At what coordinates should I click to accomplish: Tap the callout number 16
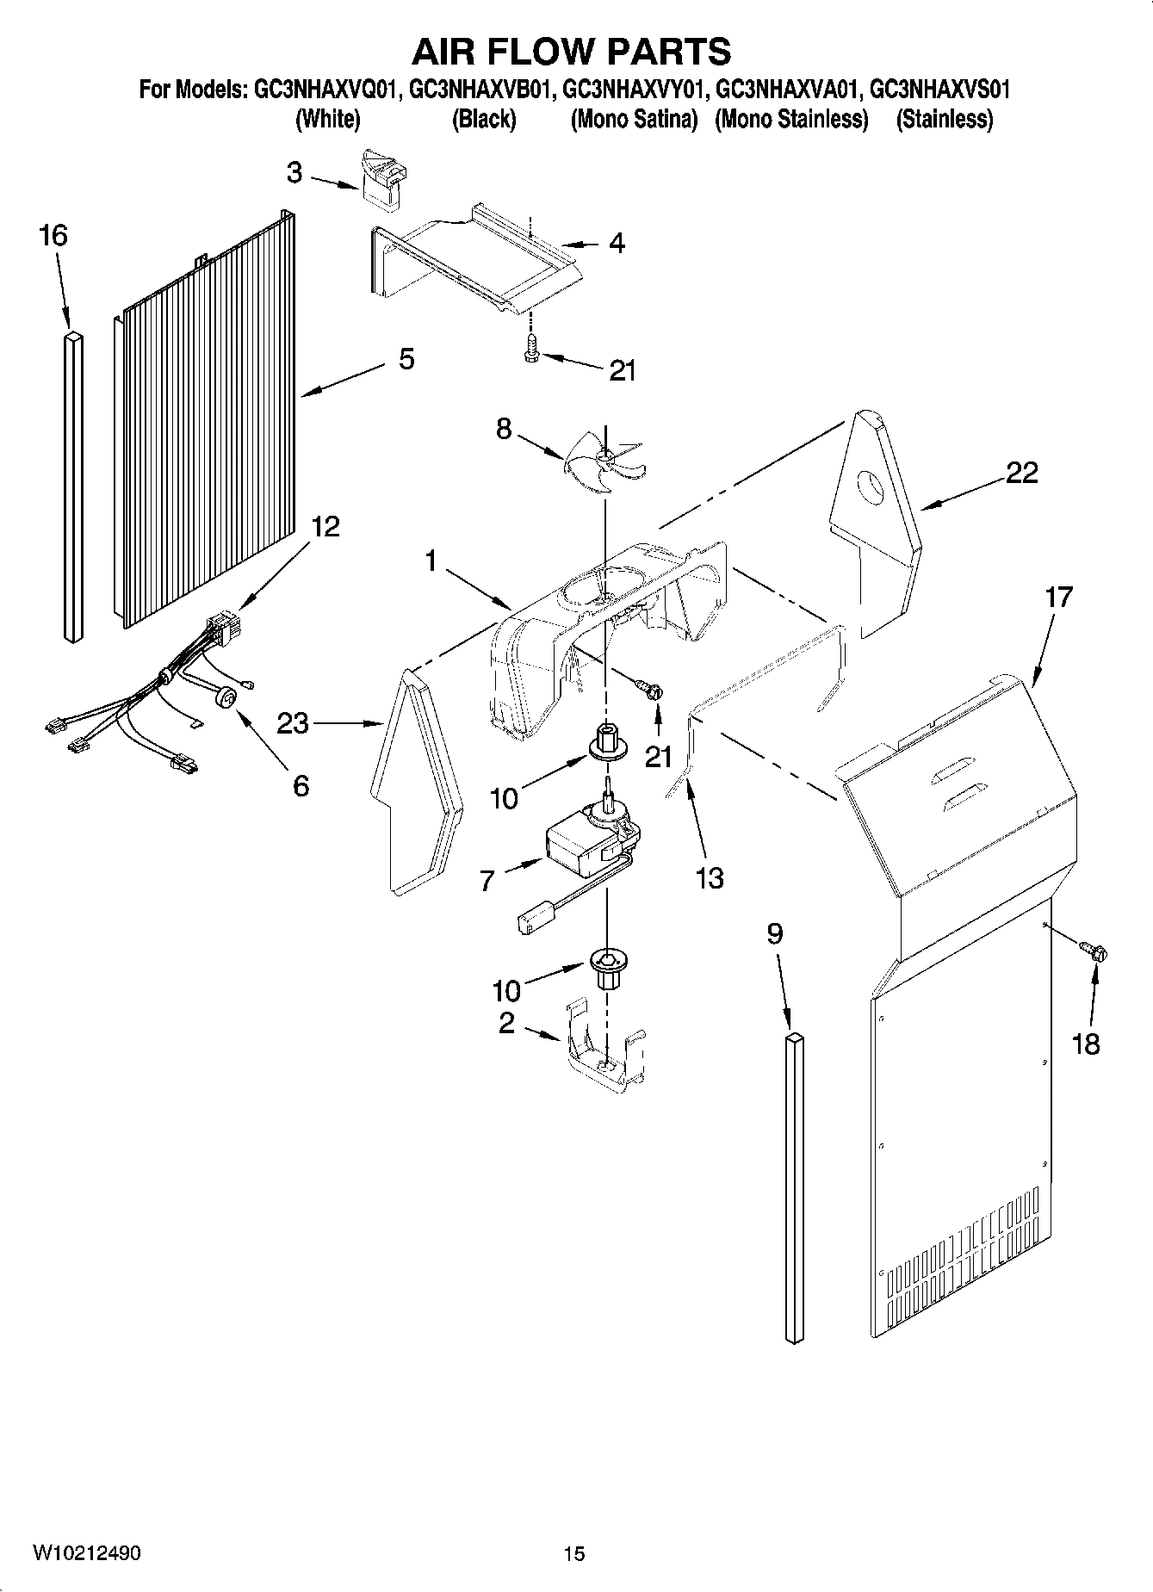tap(53, 235)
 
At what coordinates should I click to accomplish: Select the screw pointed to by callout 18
tap(1095, 952)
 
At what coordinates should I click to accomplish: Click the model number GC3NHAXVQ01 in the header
tap(324, 89)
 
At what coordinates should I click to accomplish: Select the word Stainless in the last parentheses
tap(945, 119)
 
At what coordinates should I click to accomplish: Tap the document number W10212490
tap(87, 1552)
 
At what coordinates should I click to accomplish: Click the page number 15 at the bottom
tap(574, 1553)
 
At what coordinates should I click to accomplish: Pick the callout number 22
tap(1021, 473)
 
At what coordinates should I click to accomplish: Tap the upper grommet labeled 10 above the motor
tap(606, 745)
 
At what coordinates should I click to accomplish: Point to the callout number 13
tap(710, 878)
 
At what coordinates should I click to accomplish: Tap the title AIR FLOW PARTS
tap(571, 52)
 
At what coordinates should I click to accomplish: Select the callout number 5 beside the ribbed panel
tap(406, 359)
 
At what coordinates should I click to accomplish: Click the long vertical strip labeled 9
tap(794, 1188)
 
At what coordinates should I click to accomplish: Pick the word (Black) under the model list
tap(484, 119)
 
